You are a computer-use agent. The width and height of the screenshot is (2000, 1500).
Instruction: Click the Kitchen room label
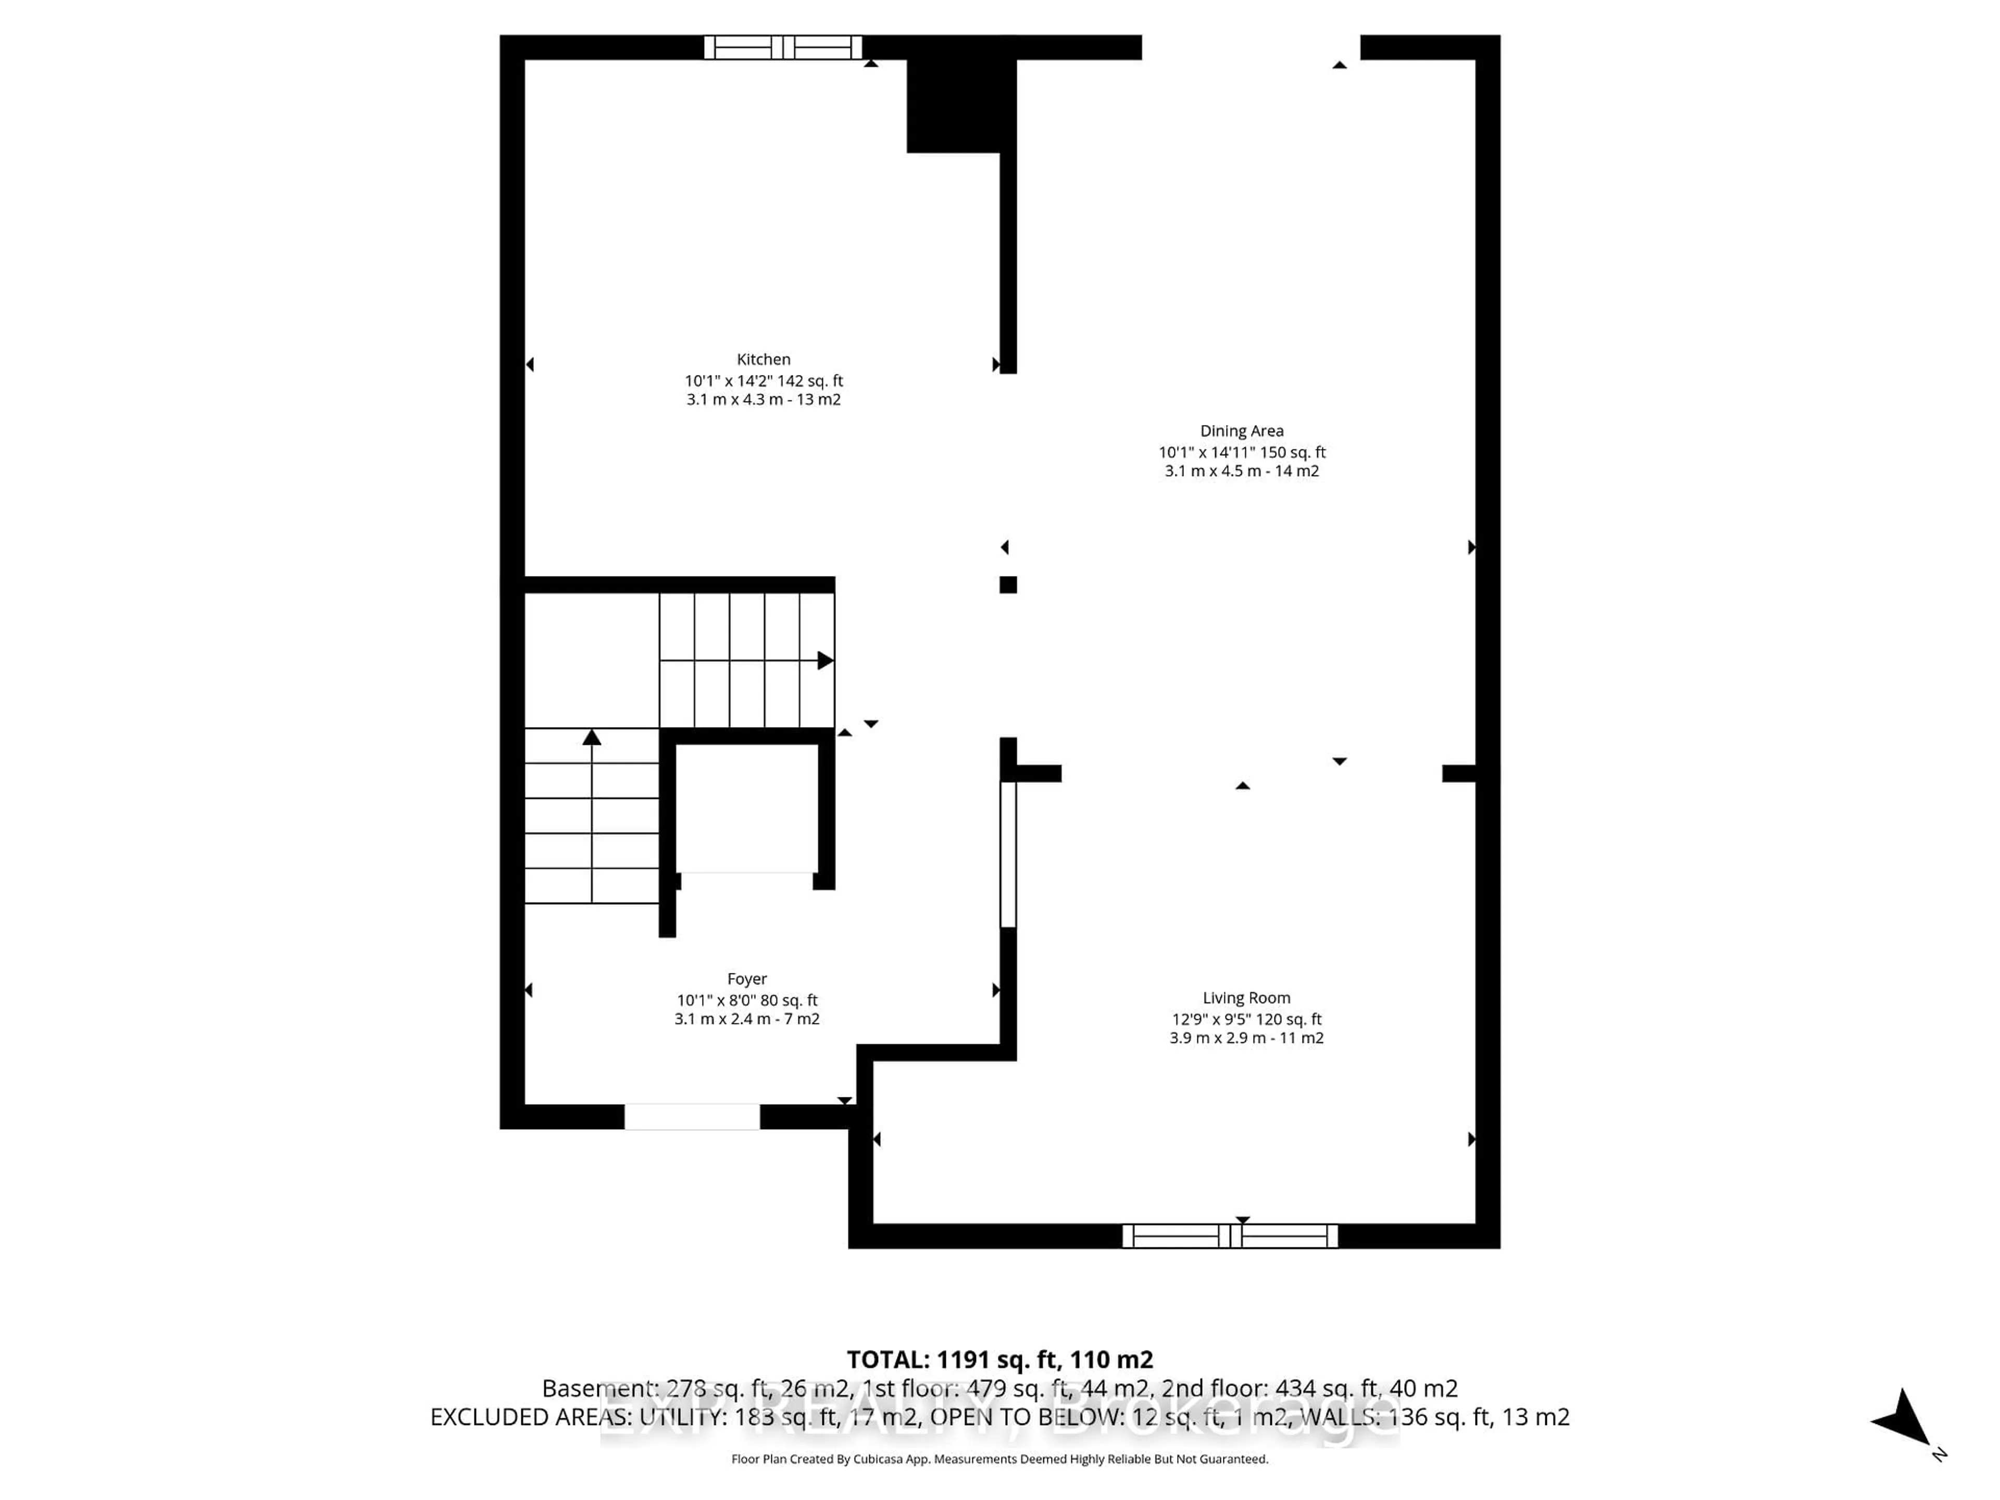[763, 359]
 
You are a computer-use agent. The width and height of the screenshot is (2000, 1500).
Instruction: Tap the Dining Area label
[1242, 430]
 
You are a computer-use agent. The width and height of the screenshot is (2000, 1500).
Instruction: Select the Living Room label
[1246, 997]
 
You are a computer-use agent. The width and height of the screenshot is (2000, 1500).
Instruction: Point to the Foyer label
[747, 978]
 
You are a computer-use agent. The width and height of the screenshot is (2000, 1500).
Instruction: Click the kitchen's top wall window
[783, 47]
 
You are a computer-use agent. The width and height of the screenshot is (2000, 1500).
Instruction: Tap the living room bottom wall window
[1230, 1236]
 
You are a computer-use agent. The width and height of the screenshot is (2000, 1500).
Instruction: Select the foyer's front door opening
[692, 1117]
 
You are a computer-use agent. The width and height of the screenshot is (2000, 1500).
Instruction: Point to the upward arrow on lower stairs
[591, 738]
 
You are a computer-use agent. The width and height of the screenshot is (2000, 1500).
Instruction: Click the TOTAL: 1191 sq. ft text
[999, 1360]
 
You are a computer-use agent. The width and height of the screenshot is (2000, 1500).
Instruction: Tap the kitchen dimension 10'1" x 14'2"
[763, 381]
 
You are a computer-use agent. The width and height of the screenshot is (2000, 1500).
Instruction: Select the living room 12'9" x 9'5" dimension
[1246, 1019]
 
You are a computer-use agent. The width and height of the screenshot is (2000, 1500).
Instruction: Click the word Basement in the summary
[597, 1388]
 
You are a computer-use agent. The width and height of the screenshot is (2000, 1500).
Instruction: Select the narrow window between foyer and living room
[1008, 855]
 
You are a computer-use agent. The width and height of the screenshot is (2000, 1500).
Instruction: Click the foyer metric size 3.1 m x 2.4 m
[747, 1019]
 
